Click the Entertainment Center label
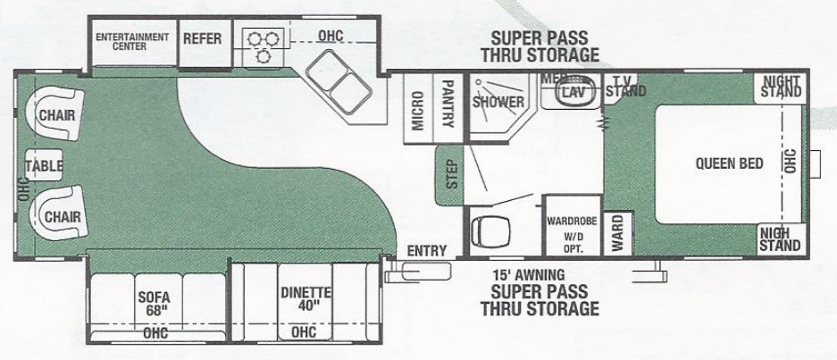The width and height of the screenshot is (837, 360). click(132, 41)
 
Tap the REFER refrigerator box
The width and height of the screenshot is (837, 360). click(202, 38)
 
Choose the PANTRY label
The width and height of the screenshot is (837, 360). click(448, 105)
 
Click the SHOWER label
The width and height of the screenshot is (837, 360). click(498, 102)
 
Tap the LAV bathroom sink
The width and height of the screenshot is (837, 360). click(572, 91)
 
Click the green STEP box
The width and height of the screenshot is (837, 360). click(449, 175)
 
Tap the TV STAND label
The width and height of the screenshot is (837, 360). click(625, 87)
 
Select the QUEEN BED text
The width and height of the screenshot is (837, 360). click(729, 163)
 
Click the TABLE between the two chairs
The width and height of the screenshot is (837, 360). click(44, 165)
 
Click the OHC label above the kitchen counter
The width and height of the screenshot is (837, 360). click(330, 36)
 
